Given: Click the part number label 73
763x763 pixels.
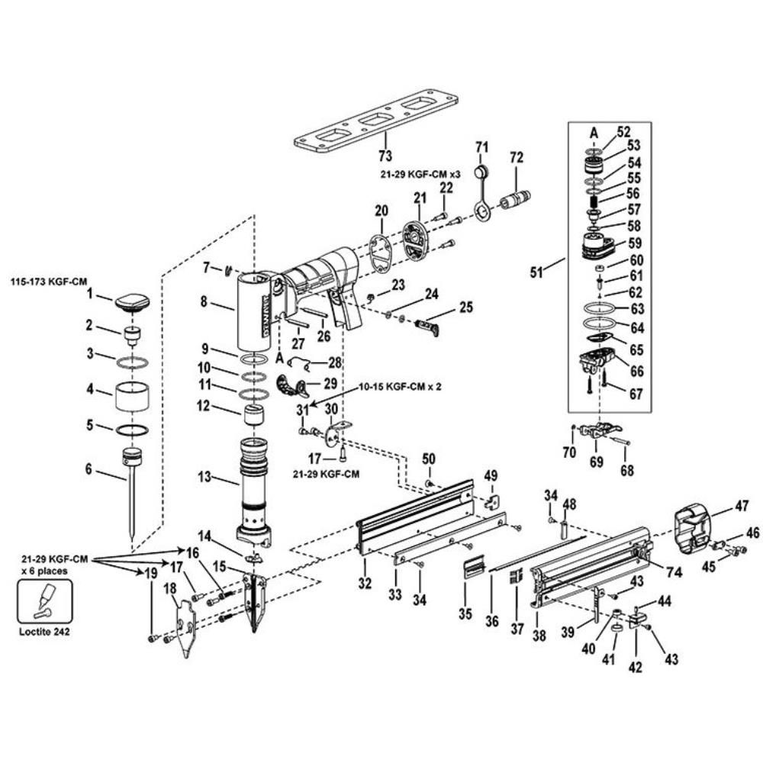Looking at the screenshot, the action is coord(385,156).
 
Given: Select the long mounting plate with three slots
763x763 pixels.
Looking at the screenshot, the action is coord(376,121).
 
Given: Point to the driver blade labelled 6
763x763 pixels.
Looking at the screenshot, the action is coord(132,491).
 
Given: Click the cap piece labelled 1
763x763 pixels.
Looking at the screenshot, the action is coord(132,302).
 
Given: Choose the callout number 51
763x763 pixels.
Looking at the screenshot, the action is coord(536,272).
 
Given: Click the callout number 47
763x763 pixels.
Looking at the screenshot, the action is coord(742,506).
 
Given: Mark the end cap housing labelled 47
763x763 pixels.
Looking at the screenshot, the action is coord(693,530).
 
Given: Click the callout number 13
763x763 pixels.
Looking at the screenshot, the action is coord(204,476).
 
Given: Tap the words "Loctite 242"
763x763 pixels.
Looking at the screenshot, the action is coord(44,632).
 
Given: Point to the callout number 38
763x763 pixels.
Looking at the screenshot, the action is coord(539,636).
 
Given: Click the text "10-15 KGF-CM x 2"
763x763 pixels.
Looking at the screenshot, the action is coord(400,388).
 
